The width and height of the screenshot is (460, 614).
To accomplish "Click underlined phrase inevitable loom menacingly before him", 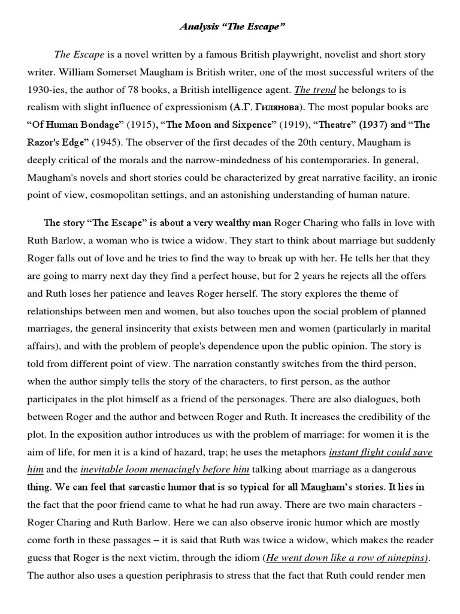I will point(165,469).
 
